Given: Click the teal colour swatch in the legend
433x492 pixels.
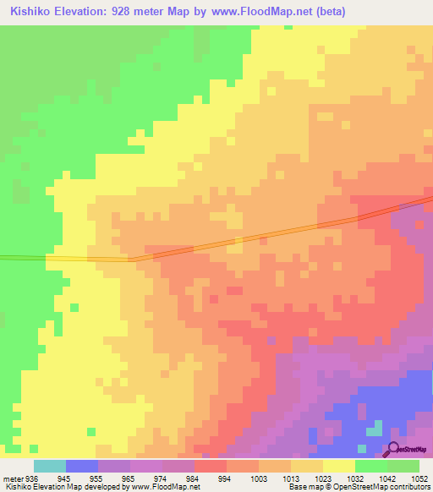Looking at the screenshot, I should click(50, 466).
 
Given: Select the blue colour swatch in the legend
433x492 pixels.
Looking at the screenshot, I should click(82, 466).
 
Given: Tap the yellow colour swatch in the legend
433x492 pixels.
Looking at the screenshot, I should click(339, 466).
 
